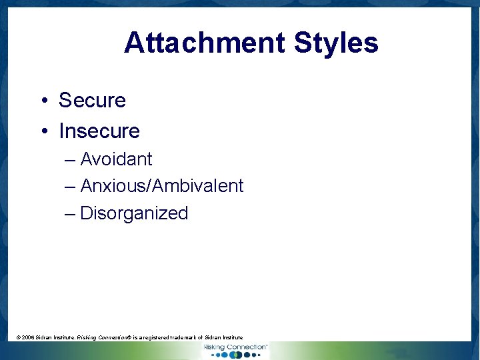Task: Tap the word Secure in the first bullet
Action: (92, 100)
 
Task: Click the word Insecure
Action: (99, 131)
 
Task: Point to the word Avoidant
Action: (116, 159)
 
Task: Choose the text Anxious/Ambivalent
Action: (162, 186)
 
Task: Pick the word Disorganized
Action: (134, 213)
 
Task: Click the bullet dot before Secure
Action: (42, 101)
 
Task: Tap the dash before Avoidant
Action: (70, 160)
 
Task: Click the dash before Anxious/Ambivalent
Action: (70, 187)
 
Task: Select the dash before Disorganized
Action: (70, 214)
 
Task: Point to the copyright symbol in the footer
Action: (18, 338)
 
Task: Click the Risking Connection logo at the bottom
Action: (235, 347)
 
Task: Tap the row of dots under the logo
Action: (235, 355)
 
